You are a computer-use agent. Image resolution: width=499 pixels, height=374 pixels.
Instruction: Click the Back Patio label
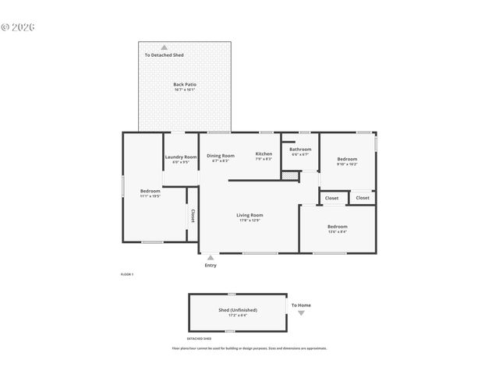coord(184,83)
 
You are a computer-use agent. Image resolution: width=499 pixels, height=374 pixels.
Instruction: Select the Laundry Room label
coord(181,157)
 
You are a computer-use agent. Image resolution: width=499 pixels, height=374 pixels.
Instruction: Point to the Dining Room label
coord(221,155)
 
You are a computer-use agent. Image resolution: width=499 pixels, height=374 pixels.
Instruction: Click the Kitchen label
coord(264,153)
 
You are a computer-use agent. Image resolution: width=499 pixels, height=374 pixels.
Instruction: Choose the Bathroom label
coord(300,149)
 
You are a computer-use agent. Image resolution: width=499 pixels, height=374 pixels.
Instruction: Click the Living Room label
coord(250,215)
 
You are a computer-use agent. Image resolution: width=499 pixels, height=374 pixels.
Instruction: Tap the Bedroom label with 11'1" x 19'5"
coord(150,191)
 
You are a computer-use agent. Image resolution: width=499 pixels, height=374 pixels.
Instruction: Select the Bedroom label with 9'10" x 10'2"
coord(346,158)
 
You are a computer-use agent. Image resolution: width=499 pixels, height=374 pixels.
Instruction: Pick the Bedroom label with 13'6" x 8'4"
coord(337,226)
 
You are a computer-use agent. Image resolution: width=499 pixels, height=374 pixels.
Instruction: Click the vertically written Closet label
coord(193,216)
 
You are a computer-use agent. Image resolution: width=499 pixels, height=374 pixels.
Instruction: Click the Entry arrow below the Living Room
coord(211,256)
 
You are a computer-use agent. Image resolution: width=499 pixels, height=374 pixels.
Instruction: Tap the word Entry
coord(211,266)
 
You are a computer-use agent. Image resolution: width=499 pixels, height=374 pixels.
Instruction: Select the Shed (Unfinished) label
coord(237,309)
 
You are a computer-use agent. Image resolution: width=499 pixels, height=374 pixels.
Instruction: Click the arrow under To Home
coord(301,312)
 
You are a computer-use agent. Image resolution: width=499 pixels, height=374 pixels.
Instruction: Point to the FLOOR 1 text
coord(127,274)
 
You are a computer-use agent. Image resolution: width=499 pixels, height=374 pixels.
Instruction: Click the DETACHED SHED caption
coord(199,339)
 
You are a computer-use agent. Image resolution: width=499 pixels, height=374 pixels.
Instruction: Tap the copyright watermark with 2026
coord(19,27)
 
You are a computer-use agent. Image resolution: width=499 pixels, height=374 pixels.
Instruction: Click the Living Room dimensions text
coord(250,221)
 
